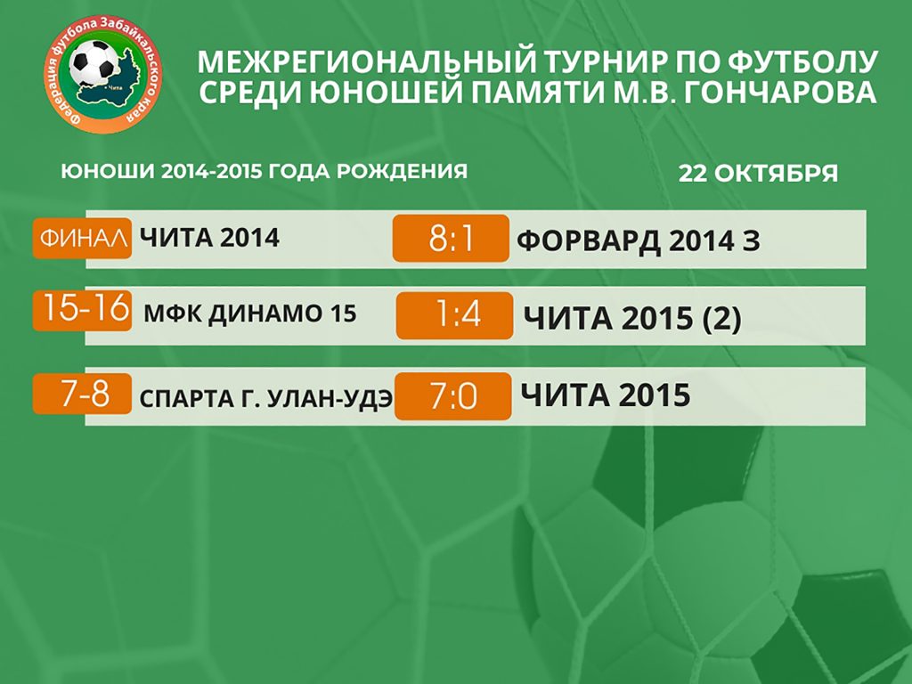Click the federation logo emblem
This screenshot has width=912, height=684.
point(103,75)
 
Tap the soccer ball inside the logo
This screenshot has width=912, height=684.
point(93,62)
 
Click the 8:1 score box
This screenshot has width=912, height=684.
point(451,238)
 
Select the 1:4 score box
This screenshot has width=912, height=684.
point(454,316)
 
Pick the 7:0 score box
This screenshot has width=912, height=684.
point(452,396)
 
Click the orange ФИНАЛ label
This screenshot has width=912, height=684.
point(83,238)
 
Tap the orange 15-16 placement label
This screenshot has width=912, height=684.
point(83,308)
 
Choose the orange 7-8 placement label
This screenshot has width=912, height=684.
point(83,394)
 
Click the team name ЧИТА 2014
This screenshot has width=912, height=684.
point(209,238)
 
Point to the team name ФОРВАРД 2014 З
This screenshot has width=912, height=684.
point(638,240)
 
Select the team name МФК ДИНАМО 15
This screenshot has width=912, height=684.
point(249,313)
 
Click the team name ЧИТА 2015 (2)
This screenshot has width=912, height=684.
point(632,318)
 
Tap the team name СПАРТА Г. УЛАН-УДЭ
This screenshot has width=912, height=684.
point(266,399)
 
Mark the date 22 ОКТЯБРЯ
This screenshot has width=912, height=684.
point(758,173)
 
